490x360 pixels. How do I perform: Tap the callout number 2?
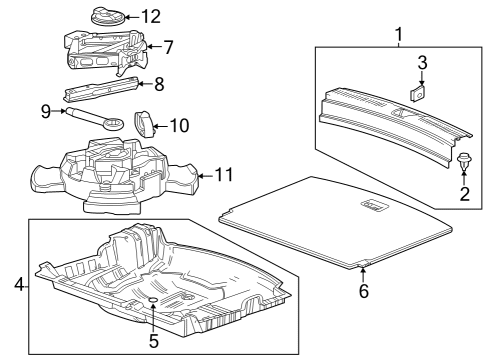(463, 193)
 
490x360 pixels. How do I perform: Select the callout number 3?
(422, 63)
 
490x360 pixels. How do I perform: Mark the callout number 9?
(46, 112)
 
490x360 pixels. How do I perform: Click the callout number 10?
(181, 125)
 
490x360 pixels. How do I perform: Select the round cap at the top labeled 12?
(104, 16)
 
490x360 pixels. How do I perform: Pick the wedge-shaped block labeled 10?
(147, 123)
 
